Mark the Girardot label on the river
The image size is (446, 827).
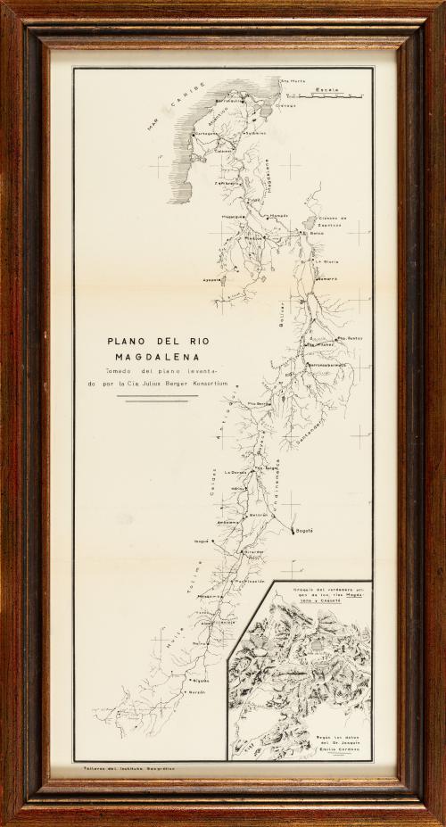[253, 552]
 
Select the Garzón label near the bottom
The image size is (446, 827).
[196, 692]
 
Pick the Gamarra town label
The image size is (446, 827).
[325, 279]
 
